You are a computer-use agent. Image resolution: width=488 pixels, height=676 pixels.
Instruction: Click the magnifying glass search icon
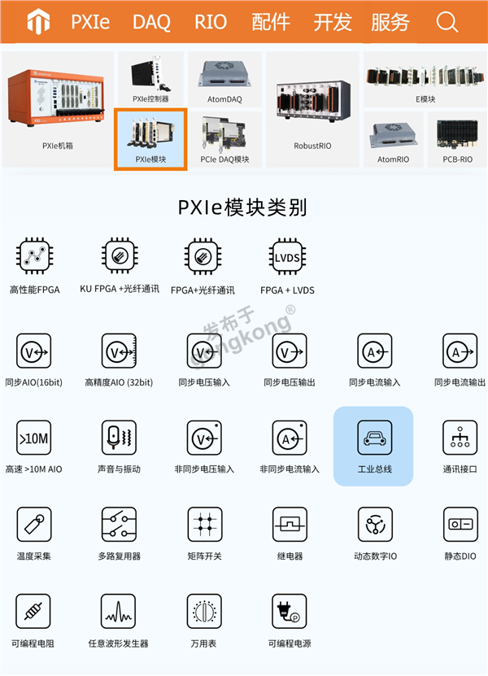[447, 21]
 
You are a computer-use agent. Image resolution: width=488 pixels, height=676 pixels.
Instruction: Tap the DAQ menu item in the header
[151, 22]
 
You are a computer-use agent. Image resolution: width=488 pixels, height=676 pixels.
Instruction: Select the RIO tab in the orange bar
[211, 22]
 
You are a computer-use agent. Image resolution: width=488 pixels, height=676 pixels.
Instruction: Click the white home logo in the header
[38, 21]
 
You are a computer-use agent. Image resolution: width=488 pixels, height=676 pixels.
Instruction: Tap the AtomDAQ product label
[224, 99]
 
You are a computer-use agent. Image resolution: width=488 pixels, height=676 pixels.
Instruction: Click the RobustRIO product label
[312, 146]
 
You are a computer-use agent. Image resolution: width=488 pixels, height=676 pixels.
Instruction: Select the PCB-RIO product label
[457, 159]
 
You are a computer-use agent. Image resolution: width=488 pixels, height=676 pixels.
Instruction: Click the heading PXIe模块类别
[242, 207]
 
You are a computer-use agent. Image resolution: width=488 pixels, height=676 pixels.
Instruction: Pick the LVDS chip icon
[287, 257]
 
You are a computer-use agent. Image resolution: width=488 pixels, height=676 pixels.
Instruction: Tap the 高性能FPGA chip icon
[34, 256]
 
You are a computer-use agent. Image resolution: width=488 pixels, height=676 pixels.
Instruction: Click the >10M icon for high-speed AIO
[33, 438]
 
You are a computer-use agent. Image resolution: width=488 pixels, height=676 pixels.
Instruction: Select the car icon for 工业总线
[375, 438]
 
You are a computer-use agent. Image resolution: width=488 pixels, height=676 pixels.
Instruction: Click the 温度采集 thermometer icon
[34, 524]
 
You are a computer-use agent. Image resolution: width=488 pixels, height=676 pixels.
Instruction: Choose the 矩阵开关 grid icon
[205, 524]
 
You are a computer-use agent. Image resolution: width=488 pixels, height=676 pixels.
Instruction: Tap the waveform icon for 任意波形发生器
[118, 612]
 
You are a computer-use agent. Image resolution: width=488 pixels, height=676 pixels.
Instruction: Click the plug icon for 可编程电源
[290, 612]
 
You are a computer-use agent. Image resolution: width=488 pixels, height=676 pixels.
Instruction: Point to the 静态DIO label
[460, 556]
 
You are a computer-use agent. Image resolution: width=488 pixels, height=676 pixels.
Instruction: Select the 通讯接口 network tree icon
[460, 438]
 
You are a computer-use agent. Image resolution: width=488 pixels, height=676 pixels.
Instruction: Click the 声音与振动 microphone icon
[119, 438]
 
